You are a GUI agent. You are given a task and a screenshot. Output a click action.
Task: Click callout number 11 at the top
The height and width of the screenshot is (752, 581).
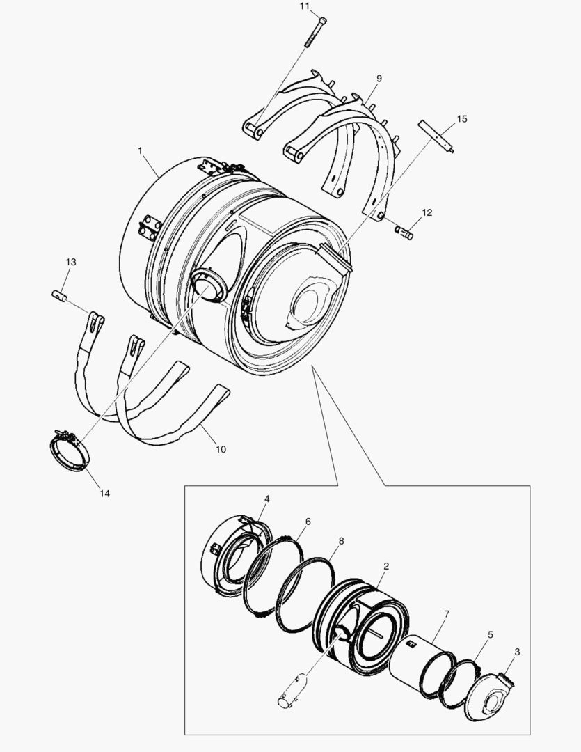point(304,6)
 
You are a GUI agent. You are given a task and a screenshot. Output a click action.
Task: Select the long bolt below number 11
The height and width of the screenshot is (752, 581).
point(316,32)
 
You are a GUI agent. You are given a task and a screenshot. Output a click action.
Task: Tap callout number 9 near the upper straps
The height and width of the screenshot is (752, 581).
point(379,79)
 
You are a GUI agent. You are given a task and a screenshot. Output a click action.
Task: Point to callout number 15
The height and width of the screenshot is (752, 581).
point(462,120)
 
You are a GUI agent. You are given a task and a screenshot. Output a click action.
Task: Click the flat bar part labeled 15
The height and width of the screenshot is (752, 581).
point(436,136)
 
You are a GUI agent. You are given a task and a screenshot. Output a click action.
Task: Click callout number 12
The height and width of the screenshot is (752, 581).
point(427,212)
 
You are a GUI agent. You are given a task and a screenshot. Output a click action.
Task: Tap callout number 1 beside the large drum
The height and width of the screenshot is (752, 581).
point(140,150)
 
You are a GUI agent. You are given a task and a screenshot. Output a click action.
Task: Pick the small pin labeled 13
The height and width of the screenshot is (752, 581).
point(60,295)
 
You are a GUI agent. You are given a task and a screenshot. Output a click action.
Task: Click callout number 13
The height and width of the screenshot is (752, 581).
point(71,262)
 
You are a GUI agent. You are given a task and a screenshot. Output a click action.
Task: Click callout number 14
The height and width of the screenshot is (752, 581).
point(104,494)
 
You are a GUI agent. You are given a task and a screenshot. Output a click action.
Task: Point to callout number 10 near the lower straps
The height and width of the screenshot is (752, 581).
point(221,449)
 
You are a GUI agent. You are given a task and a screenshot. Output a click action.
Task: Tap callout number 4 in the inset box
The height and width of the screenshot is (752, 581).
point(267,499)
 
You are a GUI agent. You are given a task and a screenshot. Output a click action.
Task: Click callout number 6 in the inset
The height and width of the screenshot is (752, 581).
point(308,521)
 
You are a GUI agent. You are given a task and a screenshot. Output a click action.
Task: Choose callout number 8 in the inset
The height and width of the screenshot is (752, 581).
point(341,540)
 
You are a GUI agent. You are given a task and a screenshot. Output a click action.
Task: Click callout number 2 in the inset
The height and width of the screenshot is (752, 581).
point(386,567)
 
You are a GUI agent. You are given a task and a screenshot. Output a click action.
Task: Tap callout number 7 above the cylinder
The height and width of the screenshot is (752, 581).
point(447,613)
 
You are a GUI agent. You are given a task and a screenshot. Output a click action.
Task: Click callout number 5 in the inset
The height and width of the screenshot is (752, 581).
point(491,635)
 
